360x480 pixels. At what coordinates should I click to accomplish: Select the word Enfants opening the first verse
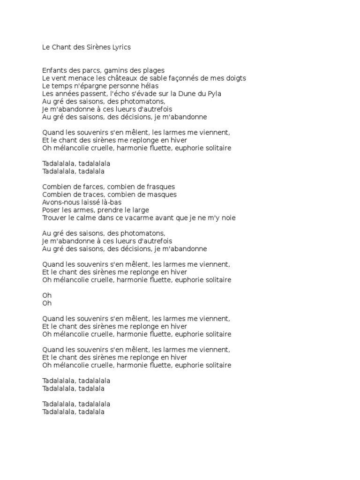[55, 70]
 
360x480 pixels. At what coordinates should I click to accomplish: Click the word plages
[153, 70]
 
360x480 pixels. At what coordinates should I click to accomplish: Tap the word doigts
[235, 78]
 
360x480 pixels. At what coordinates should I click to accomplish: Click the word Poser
[51, 210]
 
